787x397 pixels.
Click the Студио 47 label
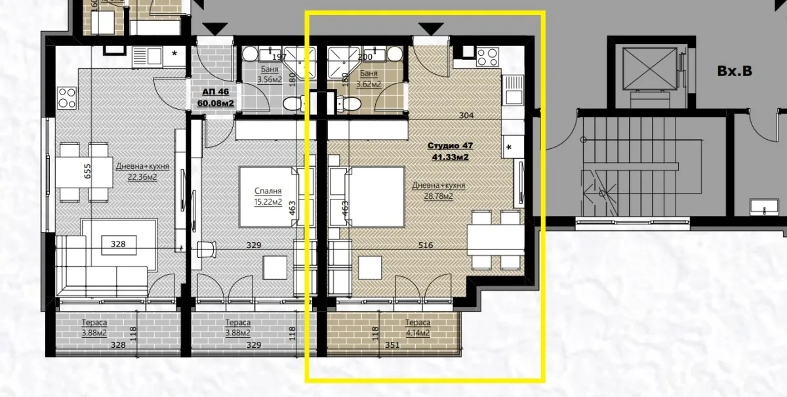[x=450, y=146]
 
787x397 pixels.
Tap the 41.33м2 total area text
[x=450, y=157]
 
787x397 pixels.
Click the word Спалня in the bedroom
[x=268, y=191]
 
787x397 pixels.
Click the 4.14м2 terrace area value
[x=417, y=333]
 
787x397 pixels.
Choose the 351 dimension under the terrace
[x=393, y=345]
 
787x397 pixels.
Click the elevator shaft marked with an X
[x=645, y=68]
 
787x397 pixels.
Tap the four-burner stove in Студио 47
[x=488, y=57]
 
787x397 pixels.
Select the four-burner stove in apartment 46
[x=67, y=98]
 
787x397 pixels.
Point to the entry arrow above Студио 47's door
[x=430, y=28]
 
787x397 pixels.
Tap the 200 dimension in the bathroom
[x=365, y=57]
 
